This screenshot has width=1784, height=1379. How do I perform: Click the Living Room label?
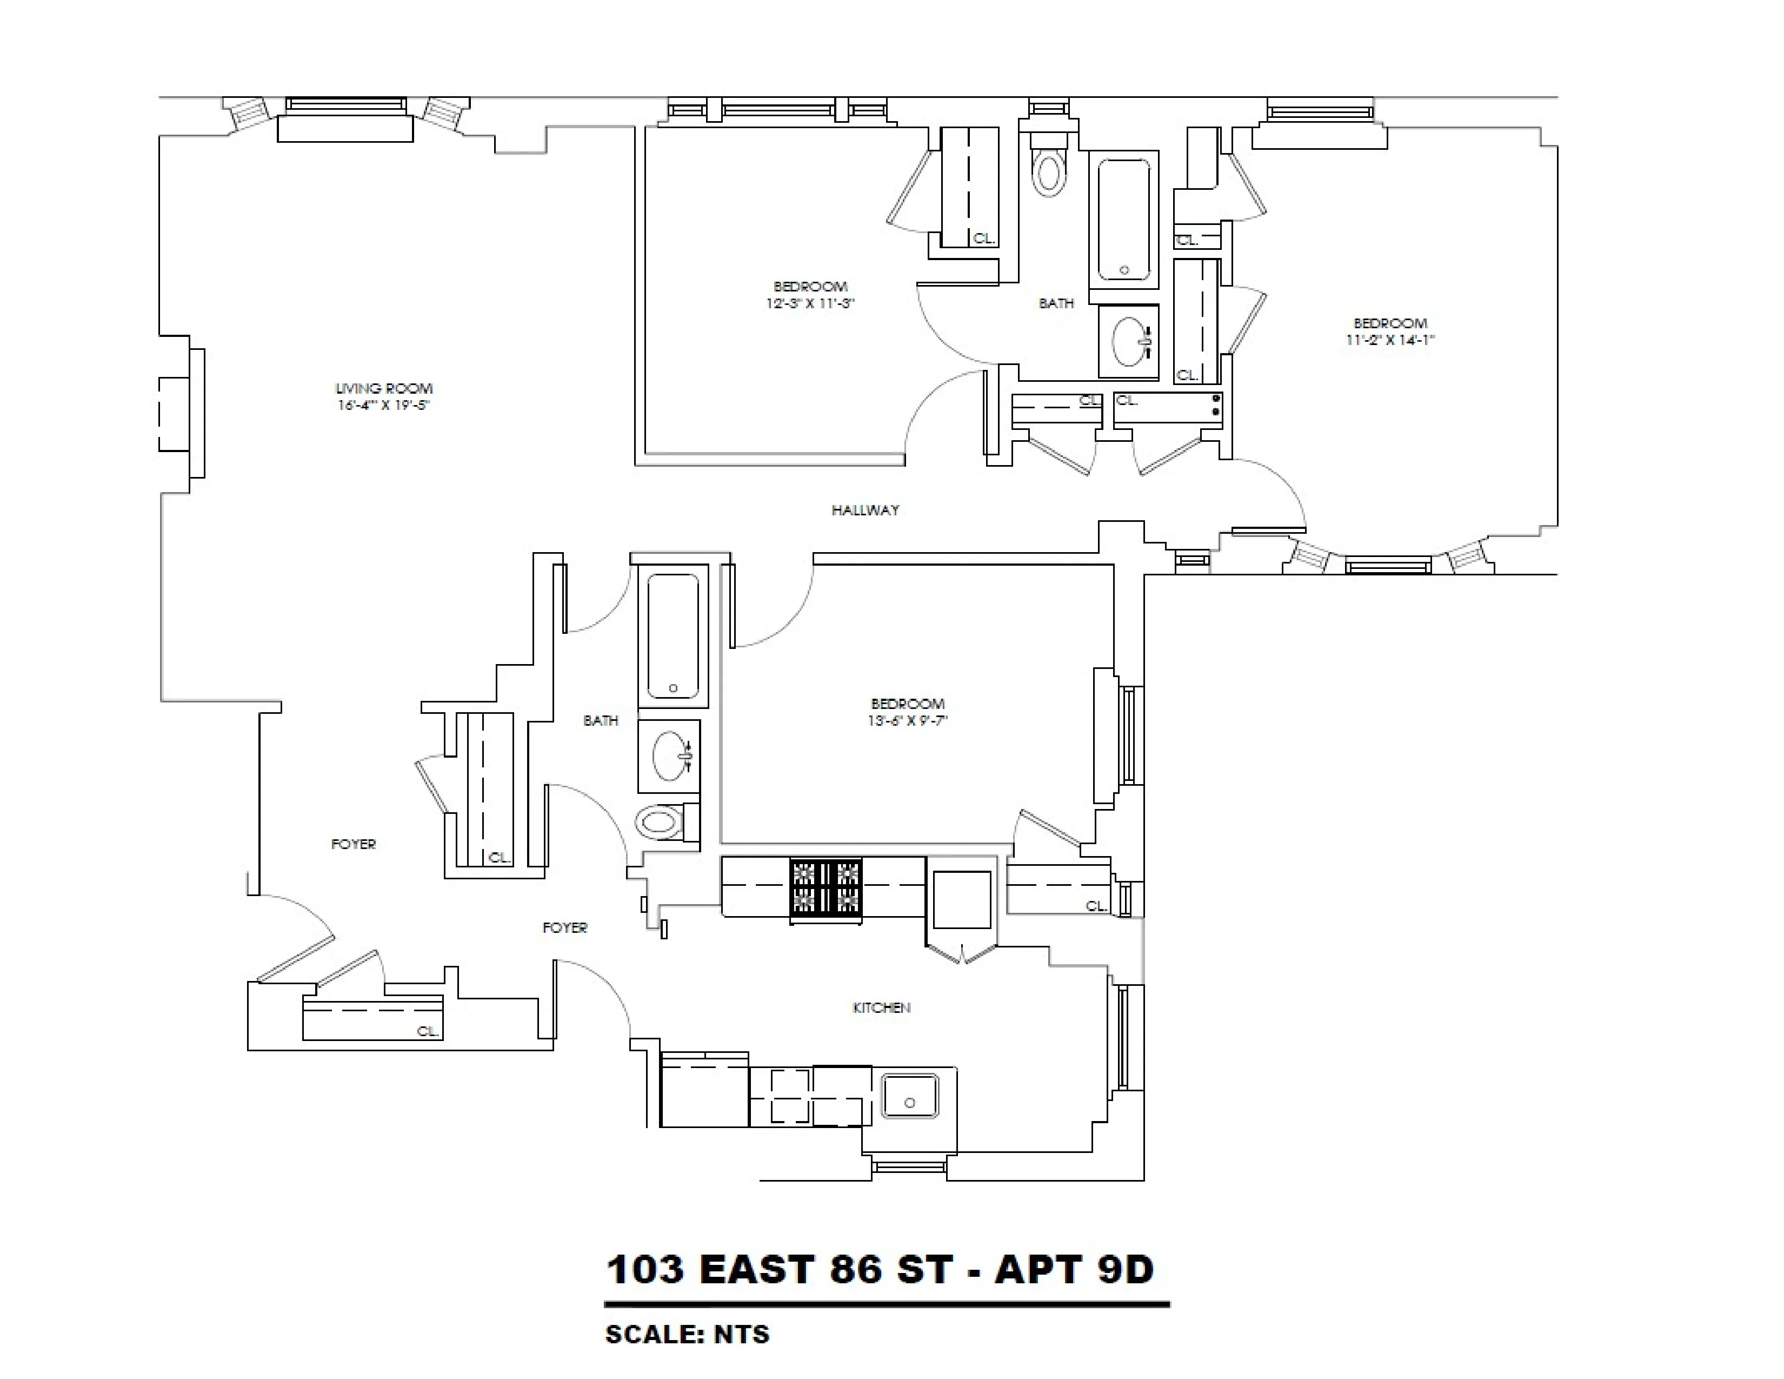coord(384,388)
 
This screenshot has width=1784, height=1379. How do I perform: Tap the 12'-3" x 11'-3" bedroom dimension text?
coord(809,303)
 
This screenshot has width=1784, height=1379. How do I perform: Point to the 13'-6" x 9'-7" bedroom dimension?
coord(908,720)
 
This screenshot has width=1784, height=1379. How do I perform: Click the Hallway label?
coord(865,510)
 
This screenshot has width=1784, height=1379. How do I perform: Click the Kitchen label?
coord(881,1008)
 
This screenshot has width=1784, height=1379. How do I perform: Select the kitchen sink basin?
coord(909,1096)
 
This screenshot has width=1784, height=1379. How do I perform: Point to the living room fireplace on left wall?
coord(181,413)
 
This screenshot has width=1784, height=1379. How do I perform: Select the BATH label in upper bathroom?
coord(1055,303)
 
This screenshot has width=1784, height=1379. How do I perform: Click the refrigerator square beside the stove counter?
coord(961,899)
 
